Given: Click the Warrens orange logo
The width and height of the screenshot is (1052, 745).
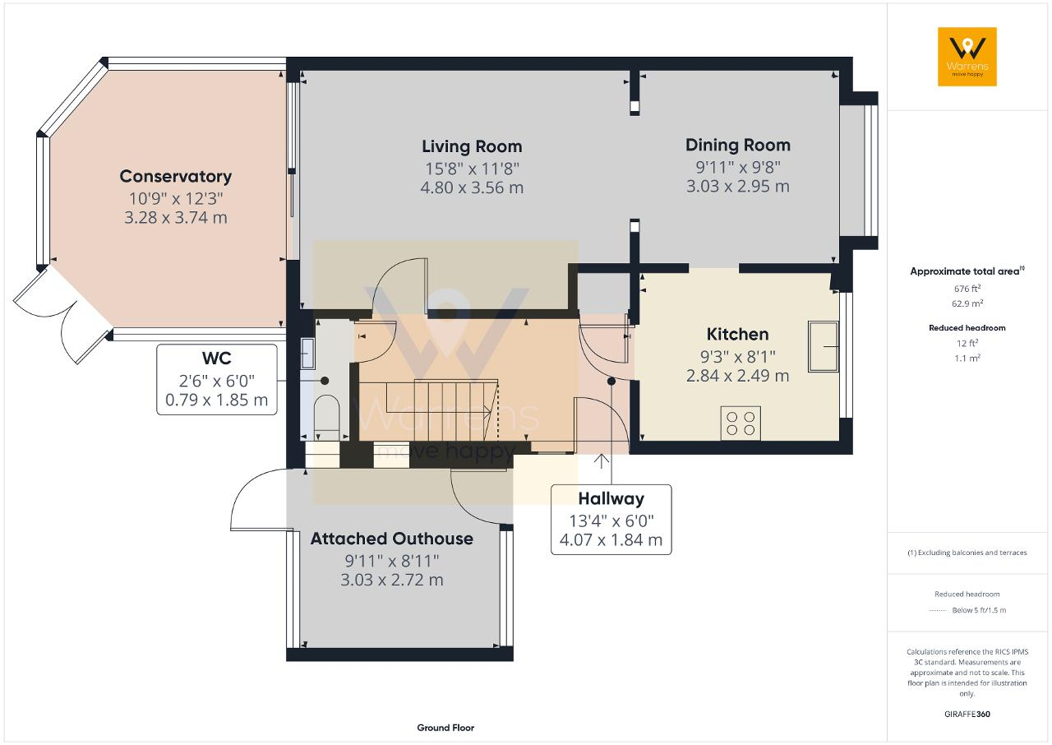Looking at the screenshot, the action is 967,57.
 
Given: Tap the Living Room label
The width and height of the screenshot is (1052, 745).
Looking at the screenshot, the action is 472,146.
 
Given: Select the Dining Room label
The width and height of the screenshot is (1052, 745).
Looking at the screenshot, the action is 738,146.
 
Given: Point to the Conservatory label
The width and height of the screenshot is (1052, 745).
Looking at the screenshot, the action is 176,177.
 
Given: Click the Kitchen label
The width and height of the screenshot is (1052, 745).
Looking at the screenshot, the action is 737,335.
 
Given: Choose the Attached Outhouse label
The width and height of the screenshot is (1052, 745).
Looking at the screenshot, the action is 392,539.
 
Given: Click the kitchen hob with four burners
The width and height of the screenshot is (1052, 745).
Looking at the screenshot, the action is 741,423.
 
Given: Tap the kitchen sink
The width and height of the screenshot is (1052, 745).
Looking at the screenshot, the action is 824,347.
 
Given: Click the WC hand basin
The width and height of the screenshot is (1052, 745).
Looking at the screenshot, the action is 307,354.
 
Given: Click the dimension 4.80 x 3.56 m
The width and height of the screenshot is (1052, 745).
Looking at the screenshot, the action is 472,187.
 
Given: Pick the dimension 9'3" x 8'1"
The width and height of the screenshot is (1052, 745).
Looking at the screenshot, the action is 737,357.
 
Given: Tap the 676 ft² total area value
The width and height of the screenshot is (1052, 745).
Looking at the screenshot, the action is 967,289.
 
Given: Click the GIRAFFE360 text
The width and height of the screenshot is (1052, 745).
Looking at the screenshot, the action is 967,714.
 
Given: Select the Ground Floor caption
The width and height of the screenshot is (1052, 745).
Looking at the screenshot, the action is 445,728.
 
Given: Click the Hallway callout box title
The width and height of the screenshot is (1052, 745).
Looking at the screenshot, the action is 611,499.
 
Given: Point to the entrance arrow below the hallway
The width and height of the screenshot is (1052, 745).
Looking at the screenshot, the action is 601,460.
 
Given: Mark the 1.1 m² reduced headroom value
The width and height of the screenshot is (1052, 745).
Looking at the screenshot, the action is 967,358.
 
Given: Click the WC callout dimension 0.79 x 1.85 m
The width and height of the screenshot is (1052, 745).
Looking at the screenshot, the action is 216,400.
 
